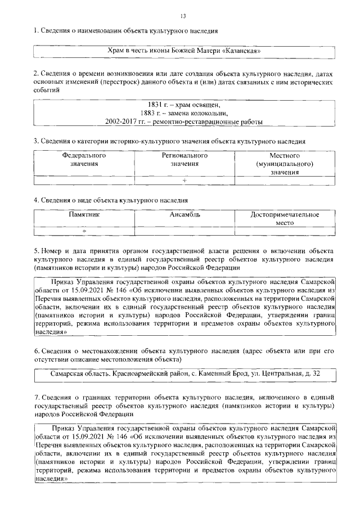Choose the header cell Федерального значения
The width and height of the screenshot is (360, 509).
84,159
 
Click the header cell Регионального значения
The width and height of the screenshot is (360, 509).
184,159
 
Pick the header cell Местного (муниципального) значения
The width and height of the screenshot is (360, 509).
284,163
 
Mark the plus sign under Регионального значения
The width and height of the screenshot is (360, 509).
184,181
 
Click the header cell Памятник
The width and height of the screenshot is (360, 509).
84,215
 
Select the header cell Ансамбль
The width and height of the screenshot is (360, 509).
184,215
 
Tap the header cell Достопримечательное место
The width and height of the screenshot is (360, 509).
285,219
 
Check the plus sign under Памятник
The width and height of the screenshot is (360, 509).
84,231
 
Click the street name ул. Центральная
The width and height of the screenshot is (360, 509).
271,373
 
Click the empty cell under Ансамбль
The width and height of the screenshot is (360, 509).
184,231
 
